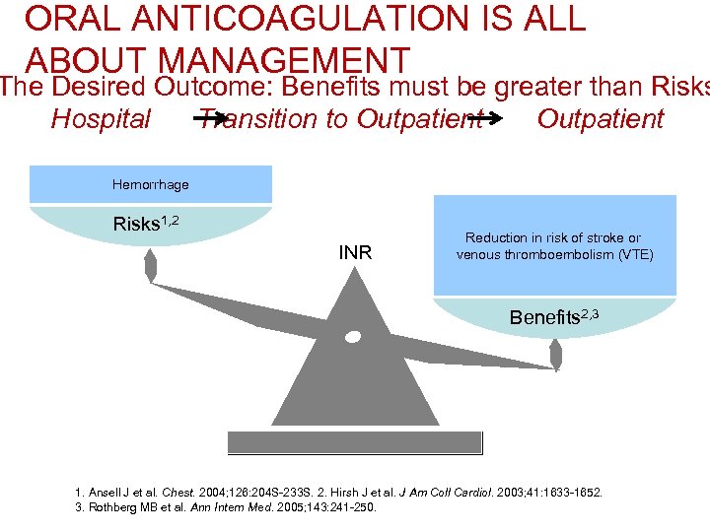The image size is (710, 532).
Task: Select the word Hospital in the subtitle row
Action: point(101,119)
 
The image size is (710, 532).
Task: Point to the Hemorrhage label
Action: point(151,184)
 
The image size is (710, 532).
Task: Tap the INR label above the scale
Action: point(355,253)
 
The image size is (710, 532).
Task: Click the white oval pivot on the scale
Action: point(353,337)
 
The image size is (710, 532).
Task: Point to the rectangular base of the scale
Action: point(354,442)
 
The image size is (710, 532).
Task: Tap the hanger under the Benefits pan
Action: point(555,352)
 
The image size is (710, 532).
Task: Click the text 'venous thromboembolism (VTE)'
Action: point(554,255)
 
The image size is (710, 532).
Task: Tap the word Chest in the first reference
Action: point(178,492)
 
